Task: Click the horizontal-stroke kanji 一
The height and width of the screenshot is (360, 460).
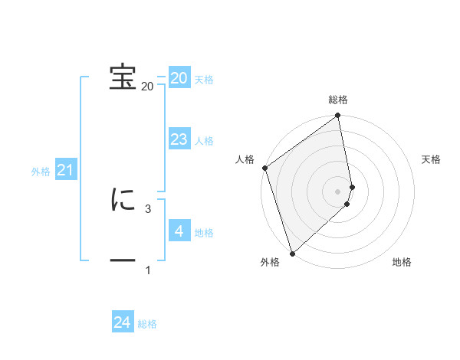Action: coord(123,260)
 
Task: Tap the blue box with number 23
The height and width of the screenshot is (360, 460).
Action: coord(179,139)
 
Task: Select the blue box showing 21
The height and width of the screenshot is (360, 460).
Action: coord(65,170)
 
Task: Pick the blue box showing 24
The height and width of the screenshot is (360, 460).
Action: coord(123,322)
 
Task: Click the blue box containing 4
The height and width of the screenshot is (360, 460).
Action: coord(179,231)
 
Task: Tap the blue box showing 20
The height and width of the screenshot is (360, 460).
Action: coord(179,78)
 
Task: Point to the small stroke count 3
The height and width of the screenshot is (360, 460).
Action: coord(148,208)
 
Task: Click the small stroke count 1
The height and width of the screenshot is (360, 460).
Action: coord(148,270)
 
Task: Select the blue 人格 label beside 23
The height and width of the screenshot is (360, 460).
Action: coord(204,141)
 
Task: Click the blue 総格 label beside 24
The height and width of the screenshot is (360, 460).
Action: coord(147,324)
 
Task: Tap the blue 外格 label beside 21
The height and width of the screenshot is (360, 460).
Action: coord(41,172)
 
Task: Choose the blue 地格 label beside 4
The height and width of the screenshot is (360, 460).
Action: coord(204,233)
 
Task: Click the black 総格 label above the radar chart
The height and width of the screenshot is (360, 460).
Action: coord(338,100)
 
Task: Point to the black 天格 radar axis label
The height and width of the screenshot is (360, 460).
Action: coord(432,159)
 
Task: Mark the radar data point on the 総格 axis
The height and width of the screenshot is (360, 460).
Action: coord(338,116)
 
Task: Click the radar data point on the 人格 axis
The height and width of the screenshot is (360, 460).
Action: coord(264,168)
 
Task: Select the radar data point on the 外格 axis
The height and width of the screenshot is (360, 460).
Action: coord(291,253)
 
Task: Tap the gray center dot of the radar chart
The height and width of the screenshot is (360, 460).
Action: coord(338,191)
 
